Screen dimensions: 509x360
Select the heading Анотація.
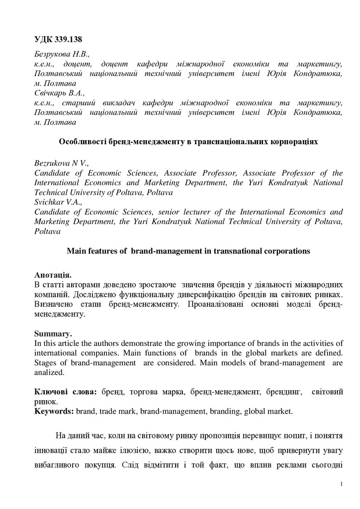click(53, 275)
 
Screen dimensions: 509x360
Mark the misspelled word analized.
click(50, 372)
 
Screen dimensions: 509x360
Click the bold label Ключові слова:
click(65, 392)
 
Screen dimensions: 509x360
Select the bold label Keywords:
click(54, 411)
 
